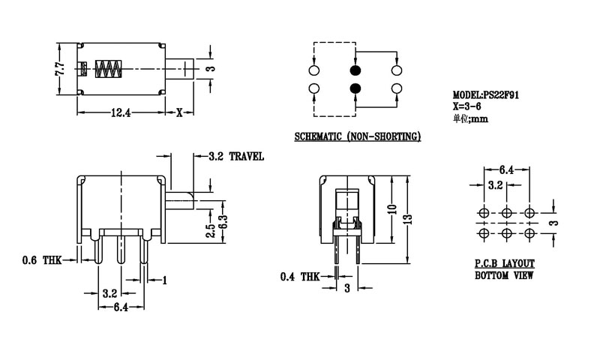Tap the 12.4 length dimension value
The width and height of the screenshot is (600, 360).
(121, 114)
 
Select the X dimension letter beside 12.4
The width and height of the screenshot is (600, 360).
(179, 114)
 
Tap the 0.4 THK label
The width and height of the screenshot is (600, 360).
(298, 277)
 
